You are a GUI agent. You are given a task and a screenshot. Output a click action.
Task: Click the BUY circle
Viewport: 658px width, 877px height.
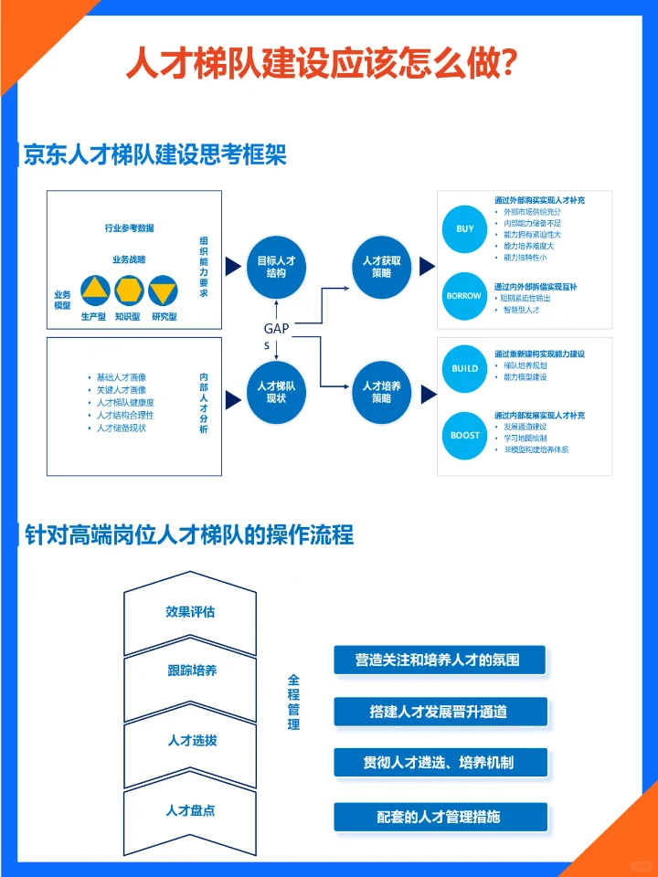click(x=465, y=228)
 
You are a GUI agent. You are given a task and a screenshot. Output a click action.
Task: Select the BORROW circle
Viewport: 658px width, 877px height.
click(x=464, y=296)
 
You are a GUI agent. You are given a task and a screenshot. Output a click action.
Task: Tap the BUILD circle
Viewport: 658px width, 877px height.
click(x=465, y=368)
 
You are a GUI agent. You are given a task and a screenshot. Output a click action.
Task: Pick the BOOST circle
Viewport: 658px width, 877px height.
click(x=465, y=435)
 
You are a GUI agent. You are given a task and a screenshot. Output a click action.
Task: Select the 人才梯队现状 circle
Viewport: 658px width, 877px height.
click(x=276, y=392)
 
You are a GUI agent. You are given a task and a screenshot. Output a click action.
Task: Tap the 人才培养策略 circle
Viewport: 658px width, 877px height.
click(x=382, y=392)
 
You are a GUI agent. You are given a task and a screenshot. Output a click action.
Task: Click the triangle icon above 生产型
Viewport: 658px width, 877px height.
click(x=95, y=291)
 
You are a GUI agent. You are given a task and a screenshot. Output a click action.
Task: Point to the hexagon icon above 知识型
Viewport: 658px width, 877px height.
click(x=129, y=291)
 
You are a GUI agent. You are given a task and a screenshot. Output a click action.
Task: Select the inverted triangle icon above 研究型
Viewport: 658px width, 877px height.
click(x=163, y=291)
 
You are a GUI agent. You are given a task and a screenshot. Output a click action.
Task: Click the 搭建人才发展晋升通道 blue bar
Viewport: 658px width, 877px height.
click(x=440, y=712)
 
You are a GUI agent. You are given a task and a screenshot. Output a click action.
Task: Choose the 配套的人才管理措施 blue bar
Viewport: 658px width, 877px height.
click(x=440, y=817)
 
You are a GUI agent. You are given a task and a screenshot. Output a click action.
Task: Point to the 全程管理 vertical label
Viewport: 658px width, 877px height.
click(x=293, y=702)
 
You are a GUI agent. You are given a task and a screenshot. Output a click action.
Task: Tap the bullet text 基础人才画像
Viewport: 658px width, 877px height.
click(x=122, y=376)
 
